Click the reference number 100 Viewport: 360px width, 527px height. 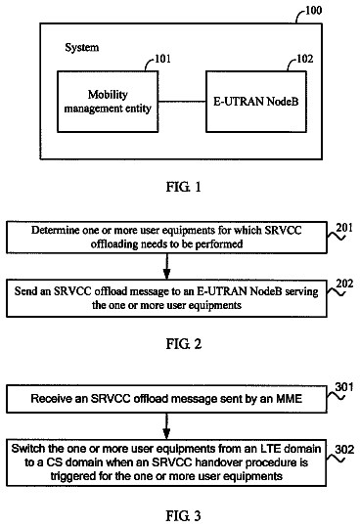coord(313,10)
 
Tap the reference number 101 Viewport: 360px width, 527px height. coord(163,59)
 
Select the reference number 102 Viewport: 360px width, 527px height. coord(305,59)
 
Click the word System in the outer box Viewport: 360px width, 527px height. coord(81,47)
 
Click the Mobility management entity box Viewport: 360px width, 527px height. coord(108,102)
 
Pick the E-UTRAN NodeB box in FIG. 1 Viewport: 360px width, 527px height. coord(256,102)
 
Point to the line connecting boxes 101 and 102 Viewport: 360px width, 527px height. coord(182,102)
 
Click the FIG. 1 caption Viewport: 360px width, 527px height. coord(184,187)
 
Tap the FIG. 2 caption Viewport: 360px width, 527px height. coord(184,344)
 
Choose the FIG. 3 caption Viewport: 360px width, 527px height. coord(184,515)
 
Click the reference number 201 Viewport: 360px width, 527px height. coord(344,228)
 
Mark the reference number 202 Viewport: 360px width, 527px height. coord(345,284)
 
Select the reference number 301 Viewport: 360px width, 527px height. coord(344,387)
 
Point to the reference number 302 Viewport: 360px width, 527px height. coord(344,450)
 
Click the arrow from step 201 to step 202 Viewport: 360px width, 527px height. coord(166,267)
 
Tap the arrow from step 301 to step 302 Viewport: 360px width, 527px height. coord(166,426)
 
